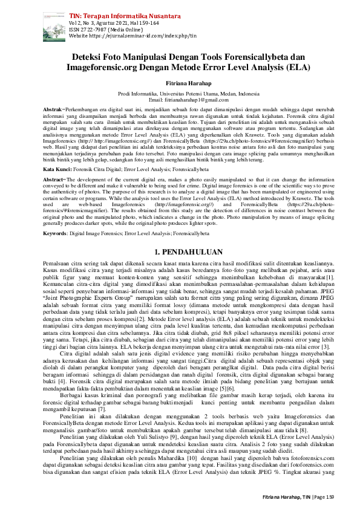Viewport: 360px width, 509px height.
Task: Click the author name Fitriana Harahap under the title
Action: click(180, 82)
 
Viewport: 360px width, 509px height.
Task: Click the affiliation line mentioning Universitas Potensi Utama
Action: click(180, 94)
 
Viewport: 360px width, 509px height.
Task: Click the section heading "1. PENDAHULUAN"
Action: click(180, 250)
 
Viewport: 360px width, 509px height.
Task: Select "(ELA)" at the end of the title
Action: click(298, 67)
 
